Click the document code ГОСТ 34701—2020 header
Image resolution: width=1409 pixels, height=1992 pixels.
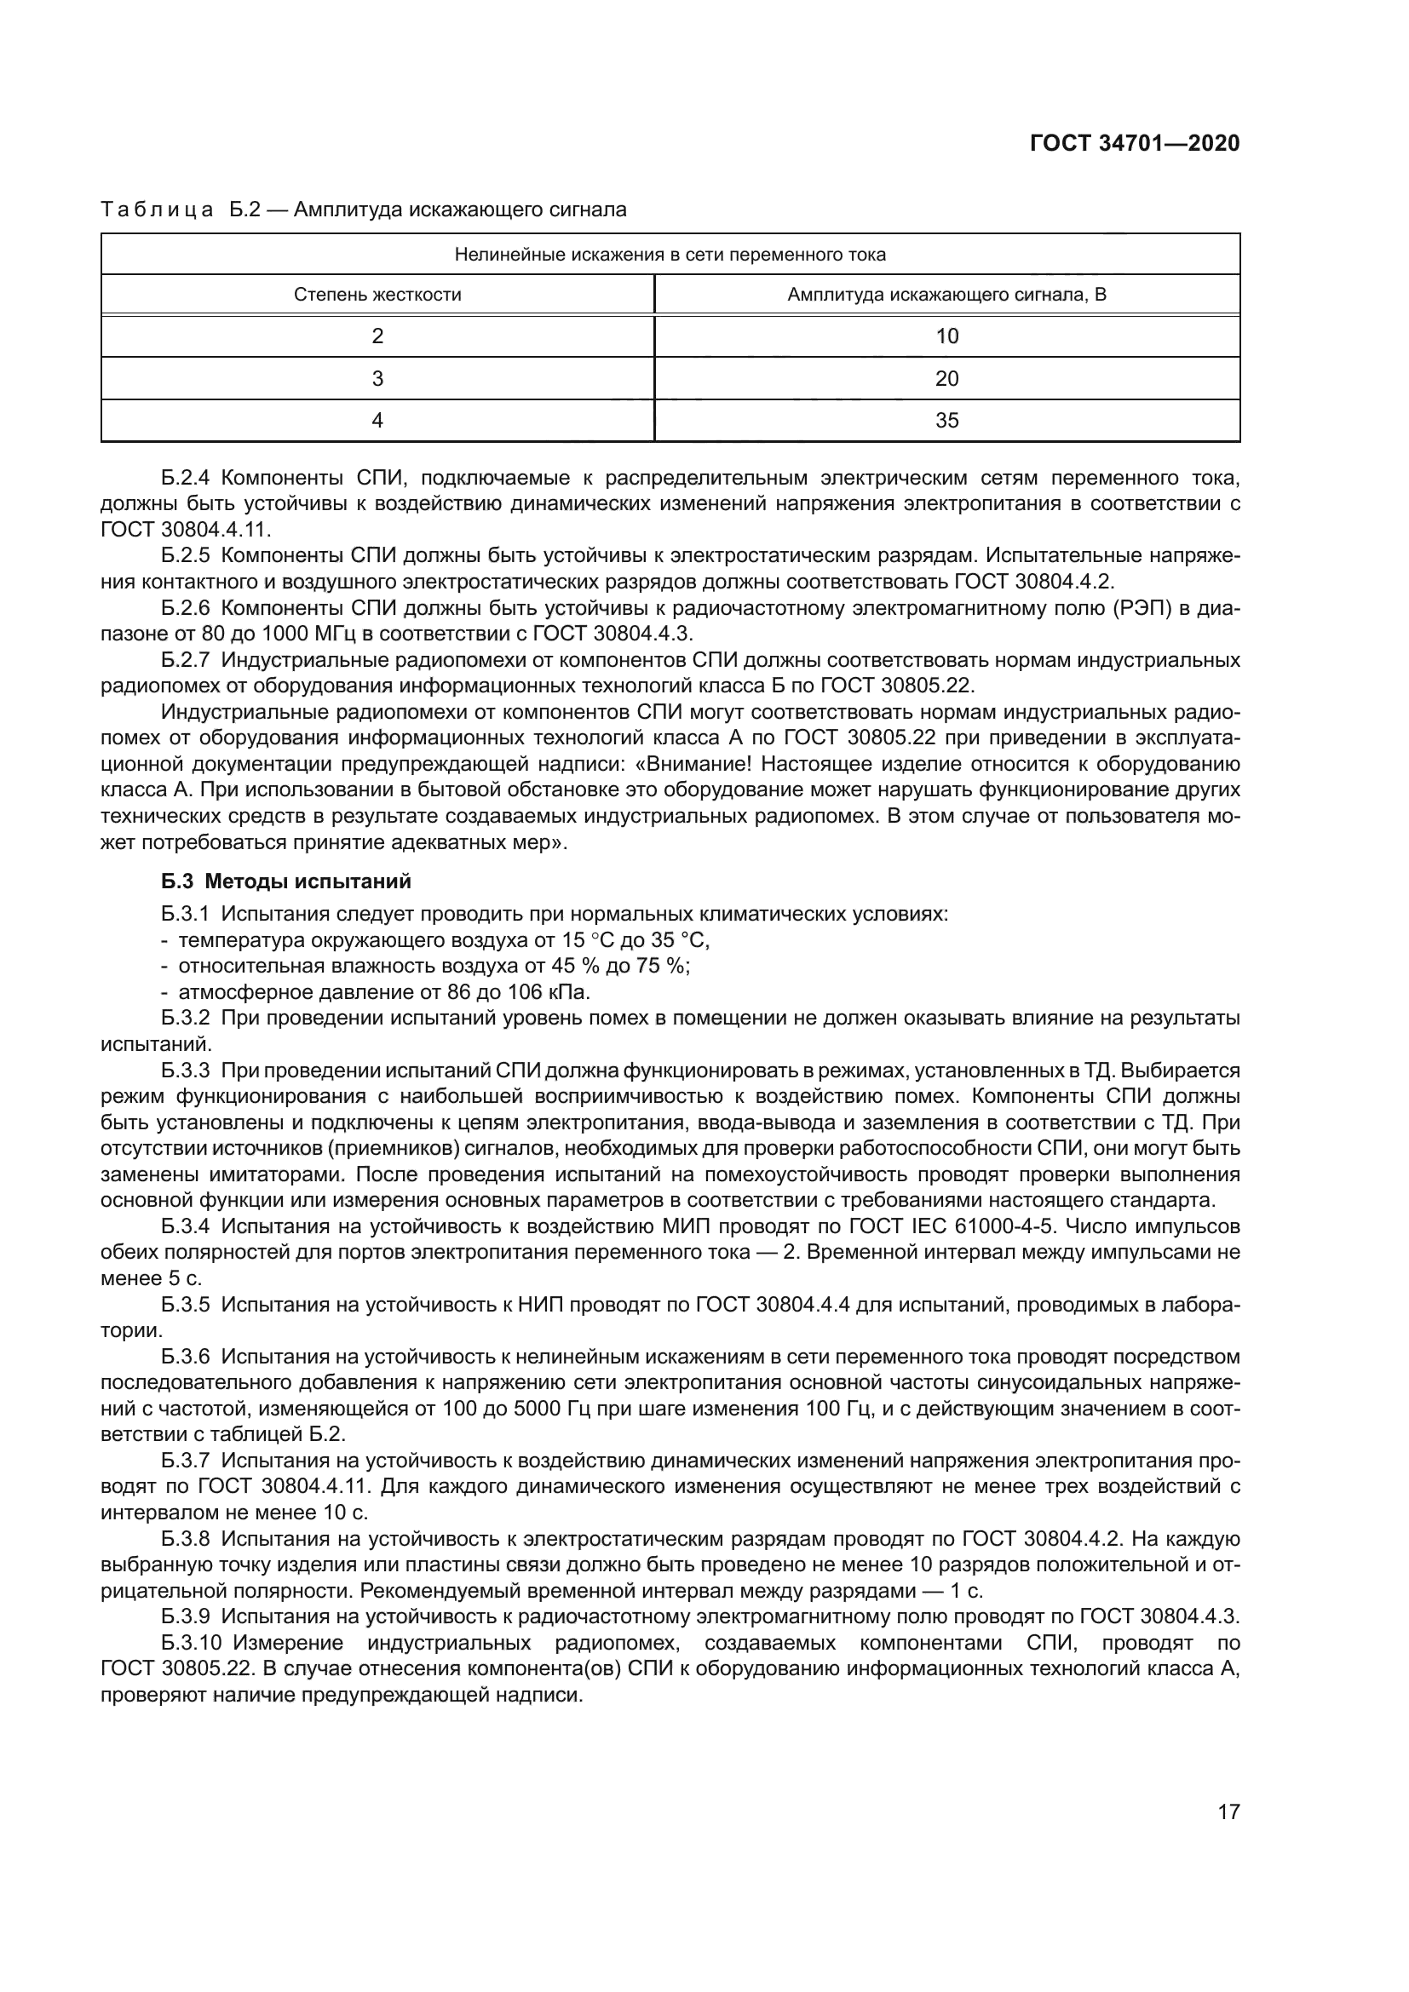(x=1134, y=144)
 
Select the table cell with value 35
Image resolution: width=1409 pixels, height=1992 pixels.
(x=946, y=421)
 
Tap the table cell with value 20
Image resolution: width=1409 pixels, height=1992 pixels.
(x=946, y=379)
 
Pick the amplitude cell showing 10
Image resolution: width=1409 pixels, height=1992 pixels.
(x=946, y=336)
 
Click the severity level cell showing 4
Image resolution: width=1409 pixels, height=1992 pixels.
(x=377, y=421)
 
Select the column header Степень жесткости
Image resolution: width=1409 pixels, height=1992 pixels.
(x=377, y=295)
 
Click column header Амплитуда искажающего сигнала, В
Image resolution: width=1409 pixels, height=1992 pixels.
(x=946, y=295)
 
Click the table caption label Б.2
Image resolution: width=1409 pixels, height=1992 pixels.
(x=245, y=210)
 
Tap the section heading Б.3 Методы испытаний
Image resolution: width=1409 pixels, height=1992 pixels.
(x=285, y=882)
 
